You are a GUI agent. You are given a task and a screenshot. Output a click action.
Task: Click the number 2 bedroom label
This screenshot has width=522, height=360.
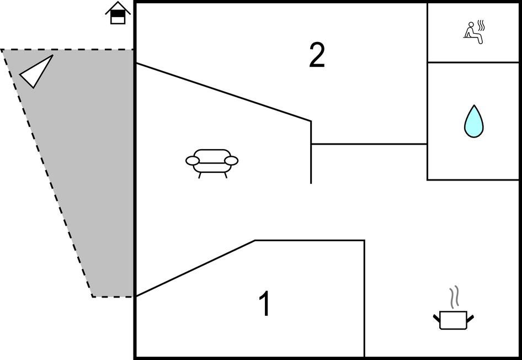pyautogui.click(x=317, y=56)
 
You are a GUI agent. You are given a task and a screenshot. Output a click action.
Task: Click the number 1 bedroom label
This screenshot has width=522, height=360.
pyautogui.click(x=265, y=303)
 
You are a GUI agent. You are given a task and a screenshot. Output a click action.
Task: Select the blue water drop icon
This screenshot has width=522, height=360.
pyautogui.click(x=474, y=121)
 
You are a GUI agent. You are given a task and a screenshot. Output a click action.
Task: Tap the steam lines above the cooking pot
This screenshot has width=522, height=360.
pyautogui.click(x=454, y=297)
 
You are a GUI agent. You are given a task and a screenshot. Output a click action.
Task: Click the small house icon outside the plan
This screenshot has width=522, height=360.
pyautogui.click(x=118, y=13)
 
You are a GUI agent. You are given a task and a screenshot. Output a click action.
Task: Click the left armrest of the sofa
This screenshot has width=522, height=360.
pyautogui.click(x=193, y=161)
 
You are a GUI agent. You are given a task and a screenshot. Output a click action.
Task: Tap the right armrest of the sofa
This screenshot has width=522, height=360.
pyautogui.click(x=231, y=161)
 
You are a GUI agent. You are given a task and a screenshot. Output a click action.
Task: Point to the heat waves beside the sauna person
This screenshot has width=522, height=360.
pyautogui.click(x=481, y=25)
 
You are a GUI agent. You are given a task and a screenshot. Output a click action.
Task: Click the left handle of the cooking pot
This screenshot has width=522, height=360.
pyautogui.click(x=436, y=317)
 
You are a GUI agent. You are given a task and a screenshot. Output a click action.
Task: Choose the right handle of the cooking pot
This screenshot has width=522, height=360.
pyautogui.click(x=470, y=317)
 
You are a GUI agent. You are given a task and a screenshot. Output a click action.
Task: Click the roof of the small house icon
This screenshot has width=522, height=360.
pyautogui.click(x=118, y=7)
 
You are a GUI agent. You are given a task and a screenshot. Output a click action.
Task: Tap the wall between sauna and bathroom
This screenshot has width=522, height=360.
pyautogui.click(x=473, y=62)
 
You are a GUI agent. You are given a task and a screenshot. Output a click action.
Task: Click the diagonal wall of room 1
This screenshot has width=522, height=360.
pyautogui.click(x=195, y=268)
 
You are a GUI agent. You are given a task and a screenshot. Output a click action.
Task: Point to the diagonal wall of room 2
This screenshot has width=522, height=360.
pyautogui.click(x=223, y=92)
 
